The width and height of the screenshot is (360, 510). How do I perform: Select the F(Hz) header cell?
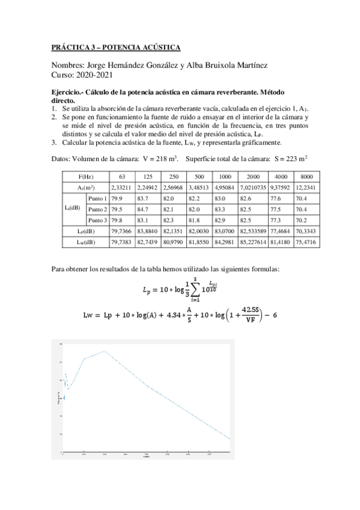pos(85,176)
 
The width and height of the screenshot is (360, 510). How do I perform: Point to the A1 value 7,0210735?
pos(252,187)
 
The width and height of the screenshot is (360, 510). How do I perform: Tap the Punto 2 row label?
pos(97,209)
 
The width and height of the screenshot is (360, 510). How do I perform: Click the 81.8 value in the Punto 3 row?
pos(195,220)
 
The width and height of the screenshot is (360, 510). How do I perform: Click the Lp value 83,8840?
pos(145,231)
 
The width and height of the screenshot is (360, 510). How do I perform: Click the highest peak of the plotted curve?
pos(105,351)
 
